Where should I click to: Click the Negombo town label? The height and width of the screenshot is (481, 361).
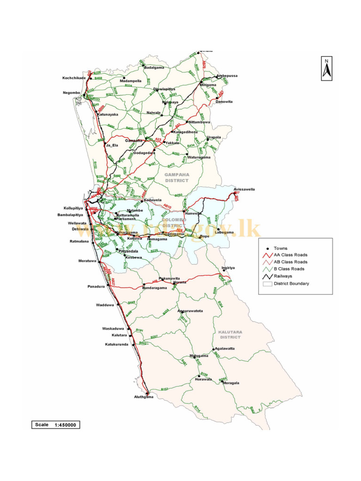(72, 93)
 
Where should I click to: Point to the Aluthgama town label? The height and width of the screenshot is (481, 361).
(143, 397)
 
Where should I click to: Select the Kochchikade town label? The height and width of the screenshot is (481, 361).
(74, 78)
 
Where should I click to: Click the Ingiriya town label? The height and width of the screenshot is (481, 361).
(228, 268)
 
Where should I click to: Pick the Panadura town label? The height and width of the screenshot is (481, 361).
(96, 286)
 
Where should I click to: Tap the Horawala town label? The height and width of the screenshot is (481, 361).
(204, 379)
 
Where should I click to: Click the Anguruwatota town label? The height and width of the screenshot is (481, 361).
(190, 311)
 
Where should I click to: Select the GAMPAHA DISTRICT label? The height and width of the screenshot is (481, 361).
(176, 177)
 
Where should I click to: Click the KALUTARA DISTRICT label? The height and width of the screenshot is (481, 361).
(230, 334)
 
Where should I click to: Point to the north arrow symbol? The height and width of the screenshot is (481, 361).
(327, 68)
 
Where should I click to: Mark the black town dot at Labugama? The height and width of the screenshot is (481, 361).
(218, 229)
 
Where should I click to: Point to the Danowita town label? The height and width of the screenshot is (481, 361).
(224, 101)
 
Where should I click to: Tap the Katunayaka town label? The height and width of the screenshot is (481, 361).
(108, 114)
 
